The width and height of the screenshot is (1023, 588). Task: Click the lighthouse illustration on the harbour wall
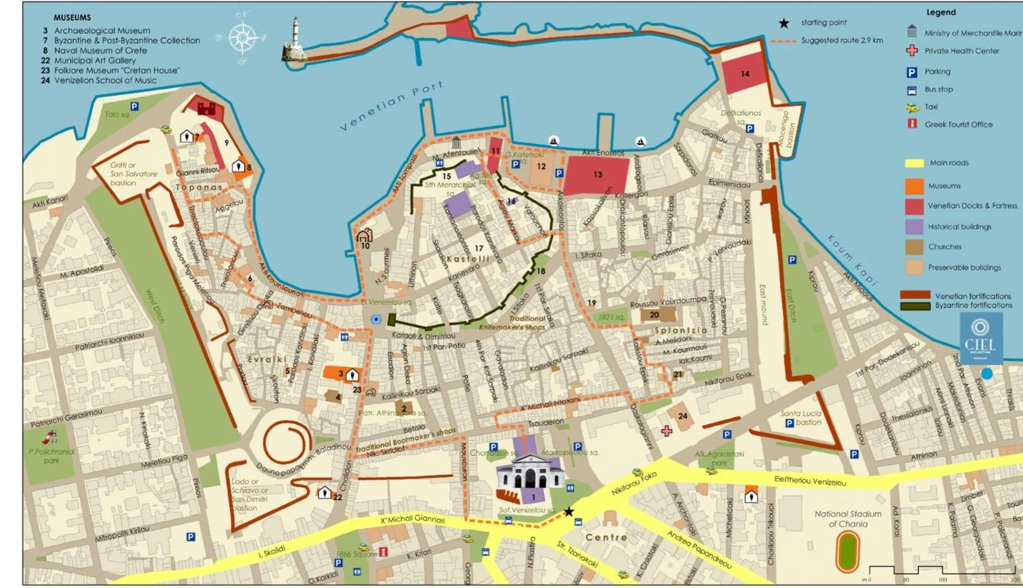(x=295, y=41)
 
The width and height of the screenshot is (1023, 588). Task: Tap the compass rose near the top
(x=241, y=38)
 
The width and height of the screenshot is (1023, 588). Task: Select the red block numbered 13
(x=597, y=175)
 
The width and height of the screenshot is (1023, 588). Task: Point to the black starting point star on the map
(x=569, y=511)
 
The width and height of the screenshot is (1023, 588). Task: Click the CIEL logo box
(x=981, y=338)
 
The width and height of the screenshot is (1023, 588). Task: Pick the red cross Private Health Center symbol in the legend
(x=912, y=51)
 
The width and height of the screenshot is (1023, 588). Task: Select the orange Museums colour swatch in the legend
(x=914, y=186)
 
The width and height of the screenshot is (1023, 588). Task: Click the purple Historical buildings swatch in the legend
(x=914, y=227)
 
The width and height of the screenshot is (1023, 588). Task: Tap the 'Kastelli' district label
(x=468, y=259)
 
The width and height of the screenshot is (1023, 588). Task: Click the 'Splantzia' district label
(x=681, y=330)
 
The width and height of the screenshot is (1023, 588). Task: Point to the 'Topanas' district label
(x=199, y=187)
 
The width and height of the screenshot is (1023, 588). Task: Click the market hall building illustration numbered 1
(x=530, y=472)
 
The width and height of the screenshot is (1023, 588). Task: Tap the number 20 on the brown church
(x=654, y=315)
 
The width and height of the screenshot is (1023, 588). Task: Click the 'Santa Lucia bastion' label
(x=801, y=418)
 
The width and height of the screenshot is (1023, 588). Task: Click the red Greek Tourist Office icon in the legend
(x=912, y=124)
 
